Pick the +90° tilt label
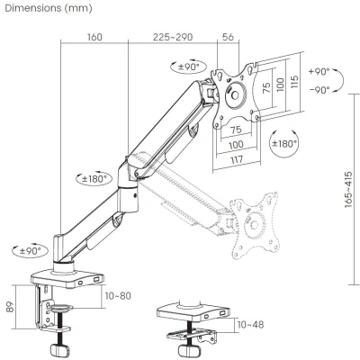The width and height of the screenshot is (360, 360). [318, 71]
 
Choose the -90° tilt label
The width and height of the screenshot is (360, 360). [318, 91]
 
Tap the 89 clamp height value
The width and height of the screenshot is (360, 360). [10, 308]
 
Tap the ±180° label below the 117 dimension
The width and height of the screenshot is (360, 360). [286, 143]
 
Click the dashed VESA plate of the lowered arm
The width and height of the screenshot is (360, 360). [251, 218]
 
